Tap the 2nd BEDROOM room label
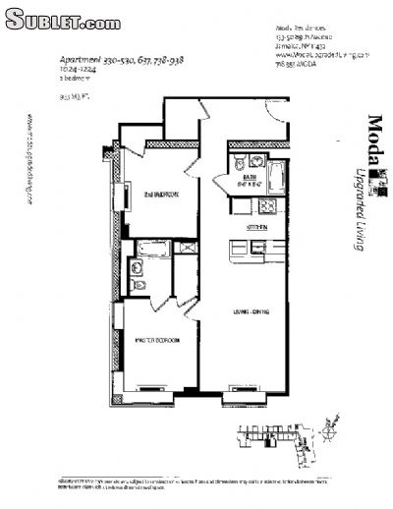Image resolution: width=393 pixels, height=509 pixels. (159, 194)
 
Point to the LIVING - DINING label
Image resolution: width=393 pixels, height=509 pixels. (251, 311)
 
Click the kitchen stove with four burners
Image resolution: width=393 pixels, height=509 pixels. (266, 207)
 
